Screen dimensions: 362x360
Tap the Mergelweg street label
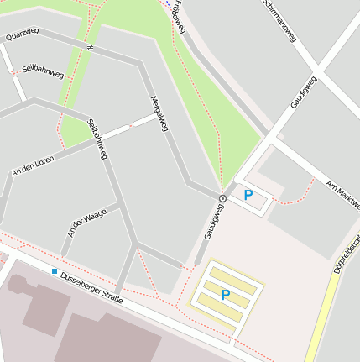click(x=159, y=113)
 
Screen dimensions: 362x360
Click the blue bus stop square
click(x=55, y=271)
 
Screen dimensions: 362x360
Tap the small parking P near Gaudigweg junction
click(x=248, y=195)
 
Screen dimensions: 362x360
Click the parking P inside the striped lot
click(x=225, y=295)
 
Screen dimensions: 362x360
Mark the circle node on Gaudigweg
click(x=222, y=198)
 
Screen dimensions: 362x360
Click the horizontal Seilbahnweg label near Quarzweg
click(x=43, y=71)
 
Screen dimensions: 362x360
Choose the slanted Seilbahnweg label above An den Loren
click(x=97, y=139)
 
